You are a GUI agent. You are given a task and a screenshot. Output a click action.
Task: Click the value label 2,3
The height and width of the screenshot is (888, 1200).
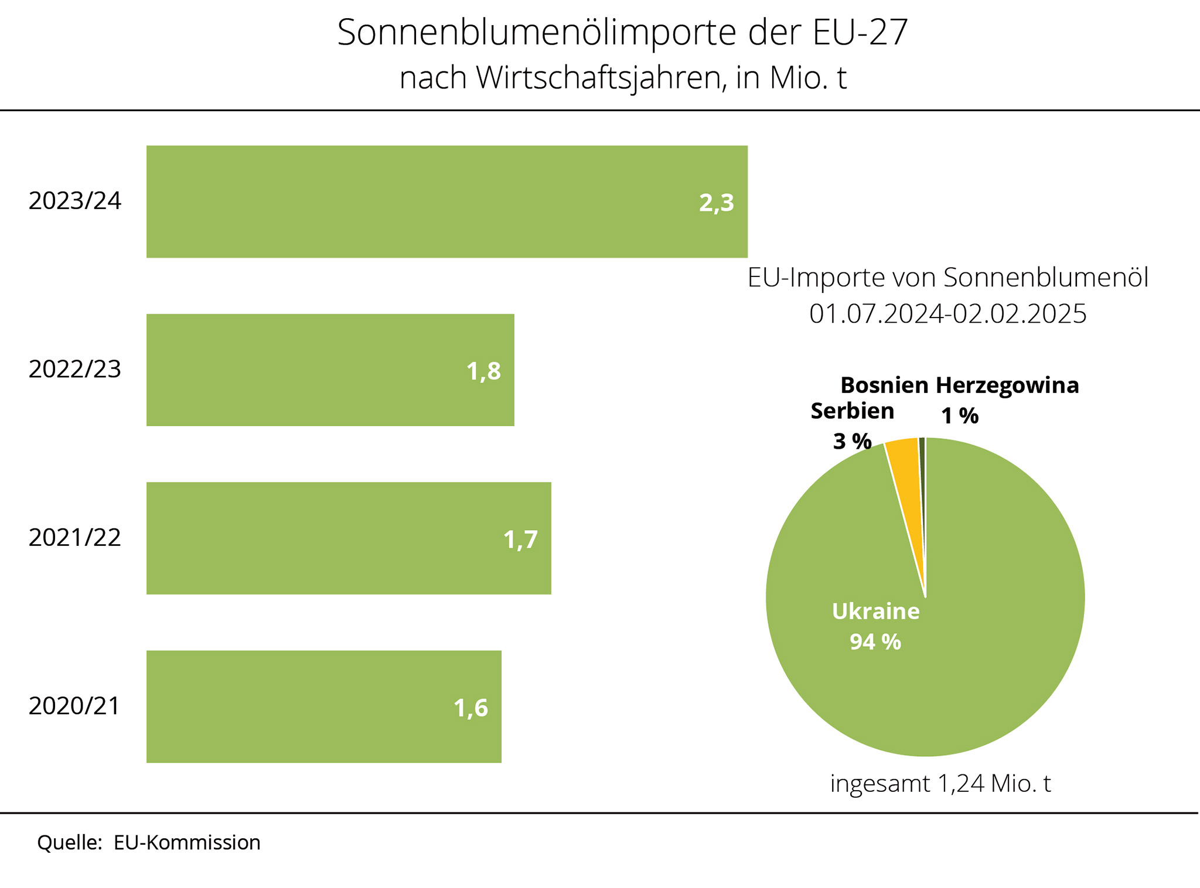716,203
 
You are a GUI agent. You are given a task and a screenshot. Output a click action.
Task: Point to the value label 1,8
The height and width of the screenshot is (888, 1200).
483,371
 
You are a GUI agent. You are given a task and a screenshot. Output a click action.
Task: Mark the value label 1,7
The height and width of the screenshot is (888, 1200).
520,539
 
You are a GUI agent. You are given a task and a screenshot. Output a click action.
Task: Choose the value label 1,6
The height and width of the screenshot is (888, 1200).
471,708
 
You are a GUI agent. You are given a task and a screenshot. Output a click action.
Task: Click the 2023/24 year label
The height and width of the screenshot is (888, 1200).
75,201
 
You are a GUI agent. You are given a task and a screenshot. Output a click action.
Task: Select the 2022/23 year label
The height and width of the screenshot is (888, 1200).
75,370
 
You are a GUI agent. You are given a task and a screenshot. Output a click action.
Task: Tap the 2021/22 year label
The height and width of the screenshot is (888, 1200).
75,538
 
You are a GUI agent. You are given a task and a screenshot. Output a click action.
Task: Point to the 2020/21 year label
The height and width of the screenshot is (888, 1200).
74,706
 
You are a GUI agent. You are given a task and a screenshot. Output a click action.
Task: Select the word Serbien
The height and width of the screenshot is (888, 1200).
852,411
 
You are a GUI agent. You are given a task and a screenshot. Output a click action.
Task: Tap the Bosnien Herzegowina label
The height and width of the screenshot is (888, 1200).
959,385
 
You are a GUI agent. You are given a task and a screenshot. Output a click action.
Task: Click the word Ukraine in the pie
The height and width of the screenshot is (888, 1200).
875,612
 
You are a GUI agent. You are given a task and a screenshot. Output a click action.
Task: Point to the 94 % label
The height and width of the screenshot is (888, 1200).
875,643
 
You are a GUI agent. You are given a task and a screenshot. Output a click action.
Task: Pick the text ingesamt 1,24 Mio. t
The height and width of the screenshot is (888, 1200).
940,784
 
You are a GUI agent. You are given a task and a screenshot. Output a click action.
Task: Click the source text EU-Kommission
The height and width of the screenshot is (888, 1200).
187,843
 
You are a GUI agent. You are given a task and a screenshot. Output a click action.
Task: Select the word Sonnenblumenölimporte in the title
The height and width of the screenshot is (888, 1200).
536,33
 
